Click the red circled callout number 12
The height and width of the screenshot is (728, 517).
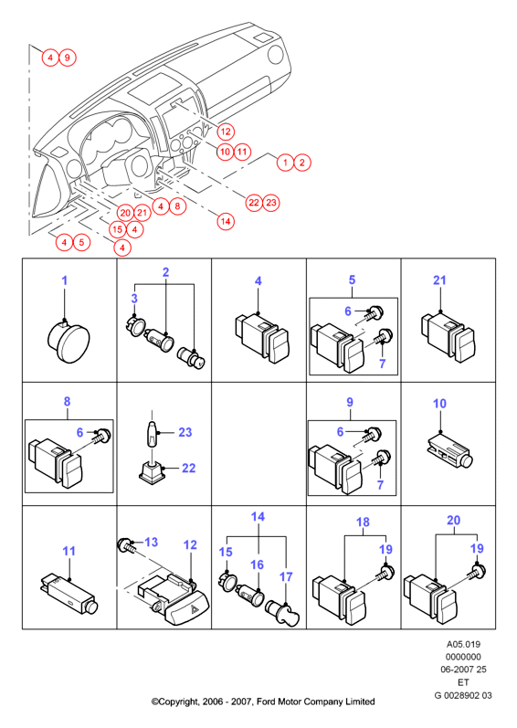pos(226,132)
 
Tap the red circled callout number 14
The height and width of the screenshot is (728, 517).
pos(226,221)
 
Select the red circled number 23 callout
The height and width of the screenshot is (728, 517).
pos(271,203)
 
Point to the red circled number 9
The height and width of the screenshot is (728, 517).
pos(68,58)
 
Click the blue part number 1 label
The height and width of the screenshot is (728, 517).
pos(65,280)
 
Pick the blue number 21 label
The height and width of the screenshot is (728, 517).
pos(439,280)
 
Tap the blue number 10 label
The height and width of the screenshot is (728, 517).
pos(439,404)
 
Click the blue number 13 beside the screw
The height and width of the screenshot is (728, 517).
pos(152,542)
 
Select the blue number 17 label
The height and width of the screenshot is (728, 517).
pos(286,576)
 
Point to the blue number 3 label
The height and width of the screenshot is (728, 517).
pos(134,298)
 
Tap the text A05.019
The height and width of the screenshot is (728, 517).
pos(463,645)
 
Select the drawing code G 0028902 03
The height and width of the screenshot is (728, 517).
pos(463,695)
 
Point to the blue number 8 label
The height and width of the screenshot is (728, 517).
pos(67,402)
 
